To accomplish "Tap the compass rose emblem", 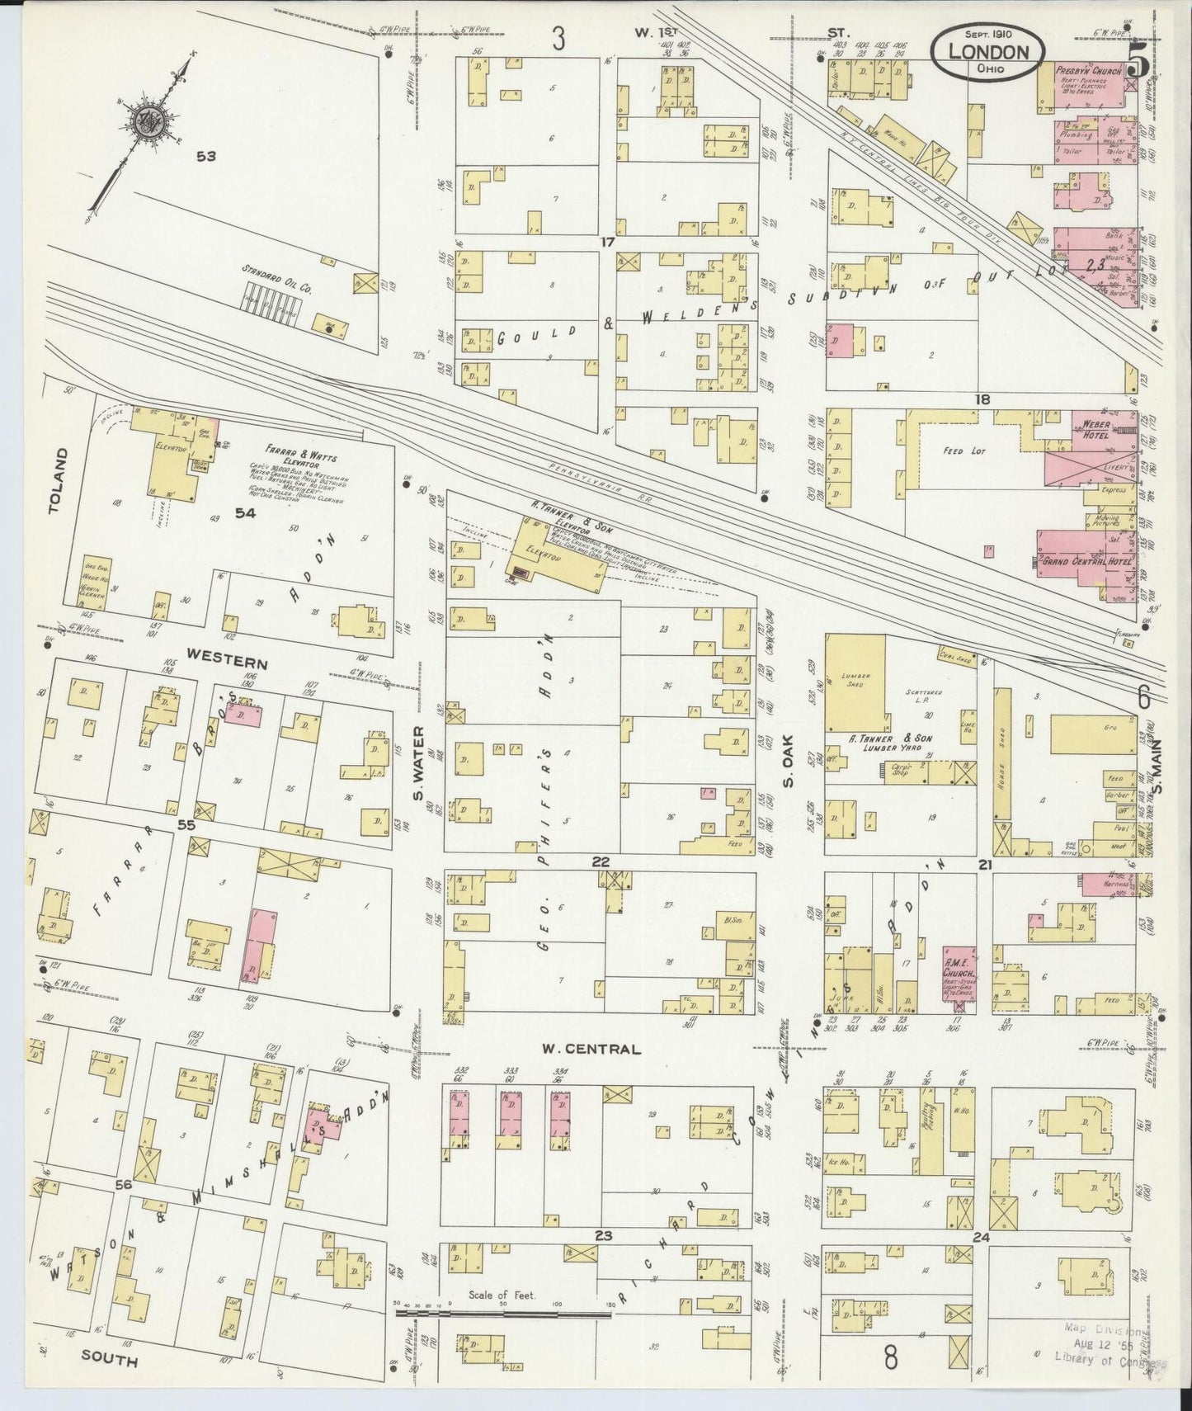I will tap(154, 121).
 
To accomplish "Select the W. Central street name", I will tap(591, 1050).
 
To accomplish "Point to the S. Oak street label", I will tap(788, 760).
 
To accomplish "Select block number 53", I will tap(205, 155).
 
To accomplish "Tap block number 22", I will tap(600, 861).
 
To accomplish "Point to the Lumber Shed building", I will tap(854, 682).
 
